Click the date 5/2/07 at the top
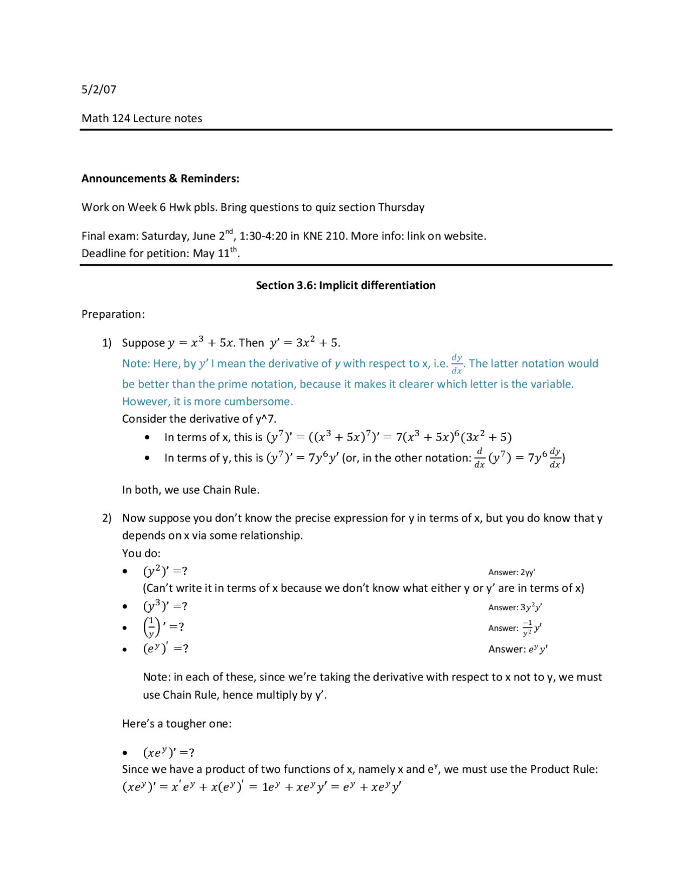pyautogui.click(x=99, y=90)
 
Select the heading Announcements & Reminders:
pyautogui.click(x=160, y=179)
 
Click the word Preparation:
pyautogui.click(x=113, y=315)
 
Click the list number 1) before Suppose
pyautogui.click(x=107, y=343)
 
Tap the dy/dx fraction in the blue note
pyautogui.click(x=457, y=364)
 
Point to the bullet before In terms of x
pyautogui.click(x=147, y=437)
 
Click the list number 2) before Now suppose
pyautogui.click(x=107, y=518)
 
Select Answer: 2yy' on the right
pyautogui.click(x=511, y=572)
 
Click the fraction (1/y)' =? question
pyautogui.click(x=163, y=627)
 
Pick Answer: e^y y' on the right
pyautogui.click(x=517, y=649)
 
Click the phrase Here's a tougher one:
pyautogui.click(x=177, y=724)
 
